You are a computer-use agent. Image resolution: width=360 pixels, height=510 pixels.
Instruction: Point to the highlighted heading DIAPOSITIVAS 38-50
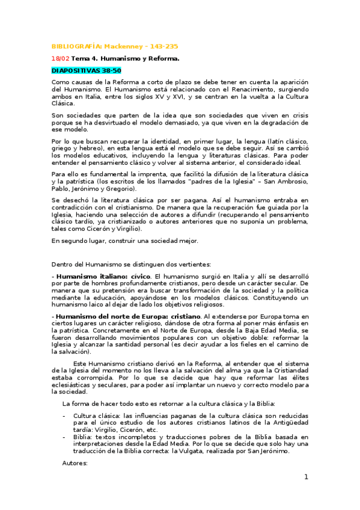pyautogui.click(x=87, y=70)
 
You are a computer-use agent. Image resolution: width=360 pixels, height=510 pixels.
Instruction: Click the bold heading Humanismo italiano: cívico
pyautogui.click(x=102, y=276)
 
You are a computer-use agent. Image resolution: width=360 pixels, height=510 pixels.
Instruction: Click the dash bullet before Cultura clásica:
pyautogui.click(x=64, y=416)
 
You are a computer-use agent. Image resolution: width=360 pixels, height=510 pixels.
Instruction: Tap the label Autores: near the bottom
pyautogui.click(x=75, y=463)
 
